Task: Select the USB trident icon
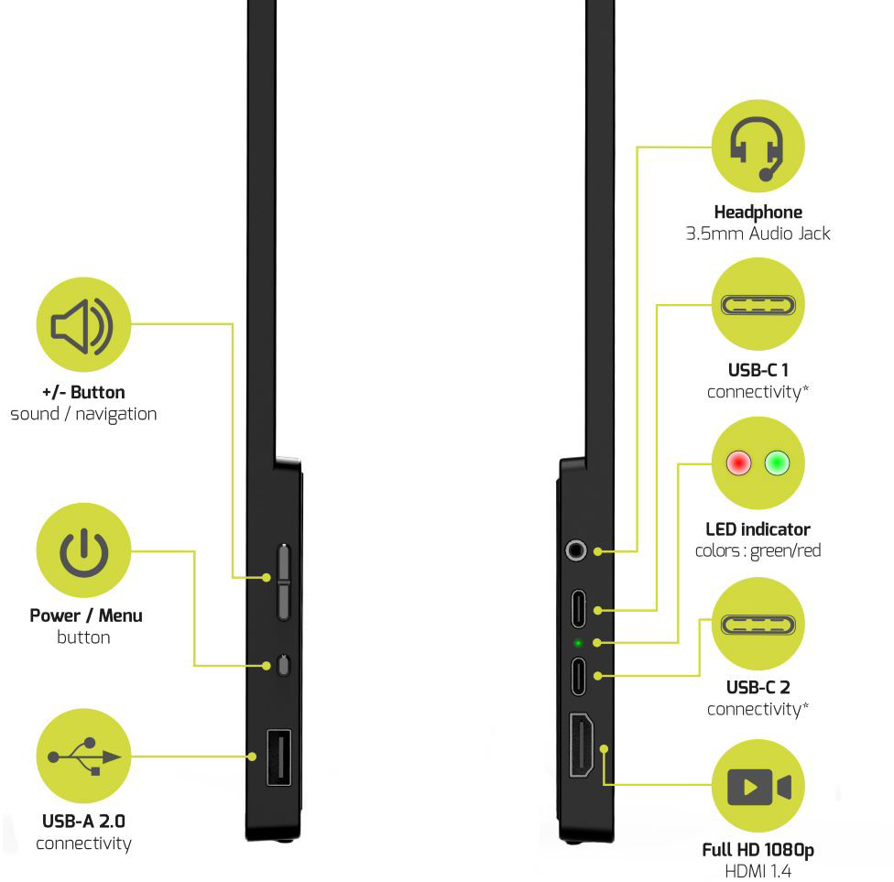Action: (x=84, y=757)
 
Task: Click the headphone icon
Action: (x=757, y=148)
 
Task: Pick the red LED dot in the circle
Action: (x=738, y=463)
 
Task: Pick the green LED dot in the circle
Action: (x=777, y=463)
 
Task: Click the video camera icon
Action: (x=758, y=787)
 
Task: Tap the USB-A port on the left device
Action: (x=278, y=757)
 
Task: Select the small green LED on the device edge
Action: (x=578, y=643)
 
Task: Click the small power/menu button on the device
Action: (x=283, y=665)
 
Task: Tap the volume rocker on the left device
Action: (x=283, y=579)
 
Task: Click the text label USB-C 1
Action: (x=758, y=371)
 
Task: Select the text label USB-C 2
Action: (x=758, y=688)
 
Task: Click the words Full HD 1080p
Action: (x=758, y=850)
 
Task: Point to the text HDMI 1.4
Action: (x=758, y=871)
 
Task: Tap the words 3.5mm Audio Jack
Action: (x=758, y=234)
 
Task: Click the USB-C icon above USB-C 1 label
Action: (x=758, y=305)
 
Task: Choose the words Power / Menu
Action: (x=86, y=615)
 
